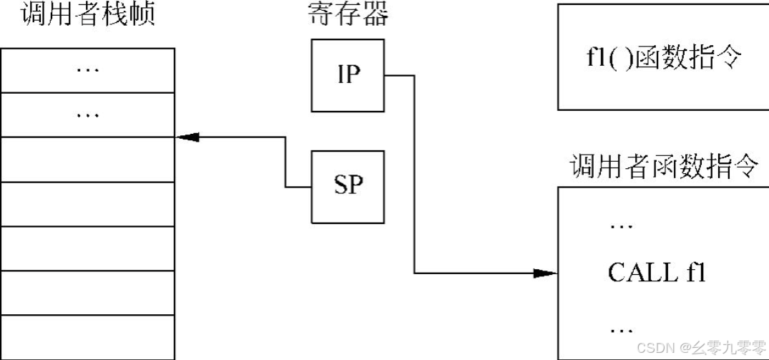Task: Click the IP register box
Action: point(348,74)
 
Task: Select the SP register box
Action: point(348,186)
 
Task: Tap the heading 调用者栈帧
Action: point(88,15)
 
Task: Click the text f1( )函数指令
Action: point(662,57)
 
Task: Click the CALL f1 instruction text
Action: point(657,272)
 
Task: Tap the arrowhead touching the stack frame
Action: point(185,137)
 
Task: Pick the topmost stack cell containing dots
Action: point(87,69)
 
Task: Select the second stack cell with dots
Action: point(87,114)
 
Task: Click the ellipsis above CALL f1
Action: point(620,225)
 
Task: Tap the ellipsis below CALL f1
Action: point(620,330)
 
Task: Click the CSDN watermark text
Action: point(652,348)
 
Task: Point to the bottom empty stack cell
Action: point(87,337)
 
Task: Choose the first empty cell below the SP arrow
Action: point(87,159)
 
